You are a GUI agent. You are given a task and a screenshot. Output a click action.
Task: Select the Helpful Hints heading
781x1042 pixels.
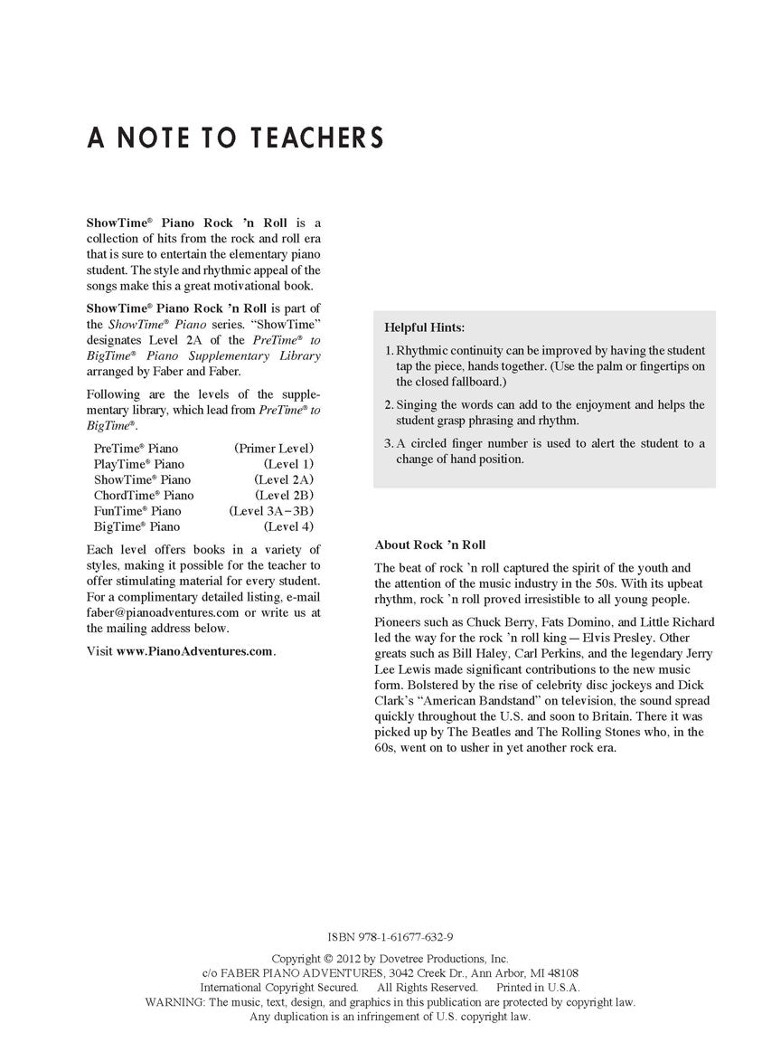point(424,327)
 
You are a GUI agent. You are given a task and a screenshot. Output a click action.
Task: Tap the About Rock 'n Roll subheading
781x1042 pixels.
point(429,545)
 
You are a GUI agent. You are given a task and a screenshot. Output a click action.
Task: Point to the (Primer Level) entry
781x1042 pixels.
point(274,448)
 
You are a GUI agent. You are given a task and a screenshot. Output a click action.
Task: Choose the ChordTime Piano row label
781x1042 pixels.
point(144,495)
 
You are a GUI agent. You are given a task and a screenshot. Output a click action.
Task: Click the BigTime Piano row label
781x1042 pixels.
point(136,526)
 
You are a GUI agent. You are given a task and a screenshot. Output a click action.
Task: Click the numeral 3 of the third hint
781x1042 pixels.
point(388,443)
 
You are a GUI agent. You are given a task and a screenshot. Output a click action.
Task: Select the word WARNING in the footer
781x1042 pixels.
point(175,1002)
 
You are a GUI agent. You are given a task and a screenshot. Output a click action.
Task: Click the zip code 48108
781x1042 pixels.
point(560,973)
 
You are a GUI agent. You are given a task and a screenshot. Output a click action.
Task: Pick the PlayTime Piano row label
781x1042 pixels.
point(139,463)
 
